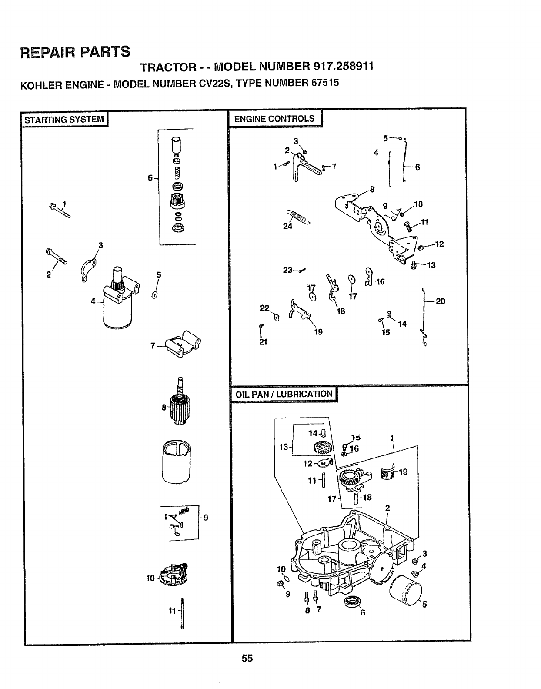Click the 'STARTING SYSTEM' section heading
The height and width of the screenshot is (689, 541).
point(64,120)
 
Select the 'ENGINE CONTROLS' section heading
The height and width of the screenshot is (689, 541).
point(274,119)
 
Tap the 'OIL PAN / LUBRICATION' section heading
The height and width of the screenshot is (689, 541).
point(284,394)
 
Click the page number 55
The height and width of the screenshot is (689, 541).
point(247,658)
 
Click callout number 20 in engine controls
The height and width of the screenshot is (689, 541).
point(440,301)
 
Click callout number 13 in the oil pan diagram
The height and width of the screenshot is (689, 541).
point(283,447)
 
